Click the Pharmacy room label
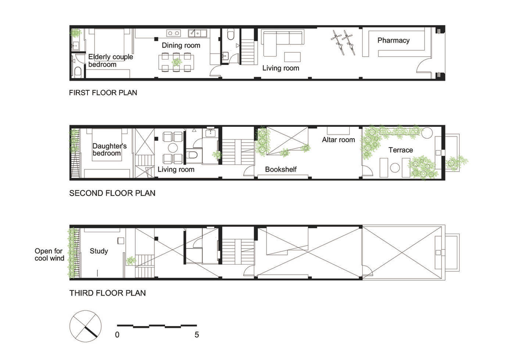tap(393, 40)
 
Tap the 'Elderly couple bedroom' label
tap(111, 60)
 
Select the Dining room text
tap(181, 46)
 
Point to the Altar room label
tap(338, 140)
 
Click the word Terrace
tap(401, 150)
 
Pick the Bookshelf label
tap(280, 169)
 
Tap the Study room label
tap(99, 251)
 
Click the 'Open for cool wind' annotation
tap(49, 255)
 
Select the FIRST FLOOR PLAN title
tap(103, 93)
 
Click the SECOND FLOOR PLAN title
tap(112, 193)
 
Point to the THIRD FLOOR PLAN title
tap(107, 293)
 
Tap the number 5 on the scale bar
tap(197, 335)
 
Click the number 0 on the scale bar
tap(117, 335)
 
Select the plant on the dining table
tap(176, 62)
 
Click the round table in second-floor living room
tap(173, 148)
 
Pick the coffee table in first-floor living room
tap(292, 57)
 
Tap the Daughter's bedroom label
tap(110, 150)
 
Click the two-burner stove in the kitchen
tap(174, 33)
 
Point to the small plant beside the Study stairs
tap(131, 260)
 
